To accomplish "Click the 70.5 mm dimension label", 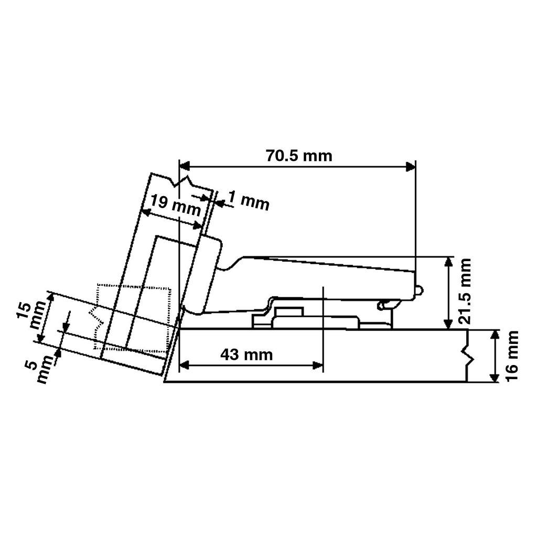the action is (x=299, y=156).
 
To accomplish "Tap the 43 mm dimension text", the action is (x=246, y=355).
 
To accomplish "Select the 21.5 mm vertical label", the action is (x=465, y=292).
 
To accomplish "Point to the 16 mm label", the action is (x=512, y=356).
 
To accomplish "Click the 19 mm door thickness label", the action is (x=175, y=205).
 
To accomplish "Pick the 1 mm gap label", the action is (x=249, y=201).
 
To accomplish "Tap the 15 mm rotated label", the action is (x=31, y=315).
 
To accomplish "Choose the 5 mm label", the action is (x=40, y=369).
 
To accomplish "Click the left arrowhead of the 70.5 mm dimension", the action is (x=185, y=167).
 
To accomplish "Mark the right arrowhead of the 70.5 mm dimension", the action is (x=410, y=167).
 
